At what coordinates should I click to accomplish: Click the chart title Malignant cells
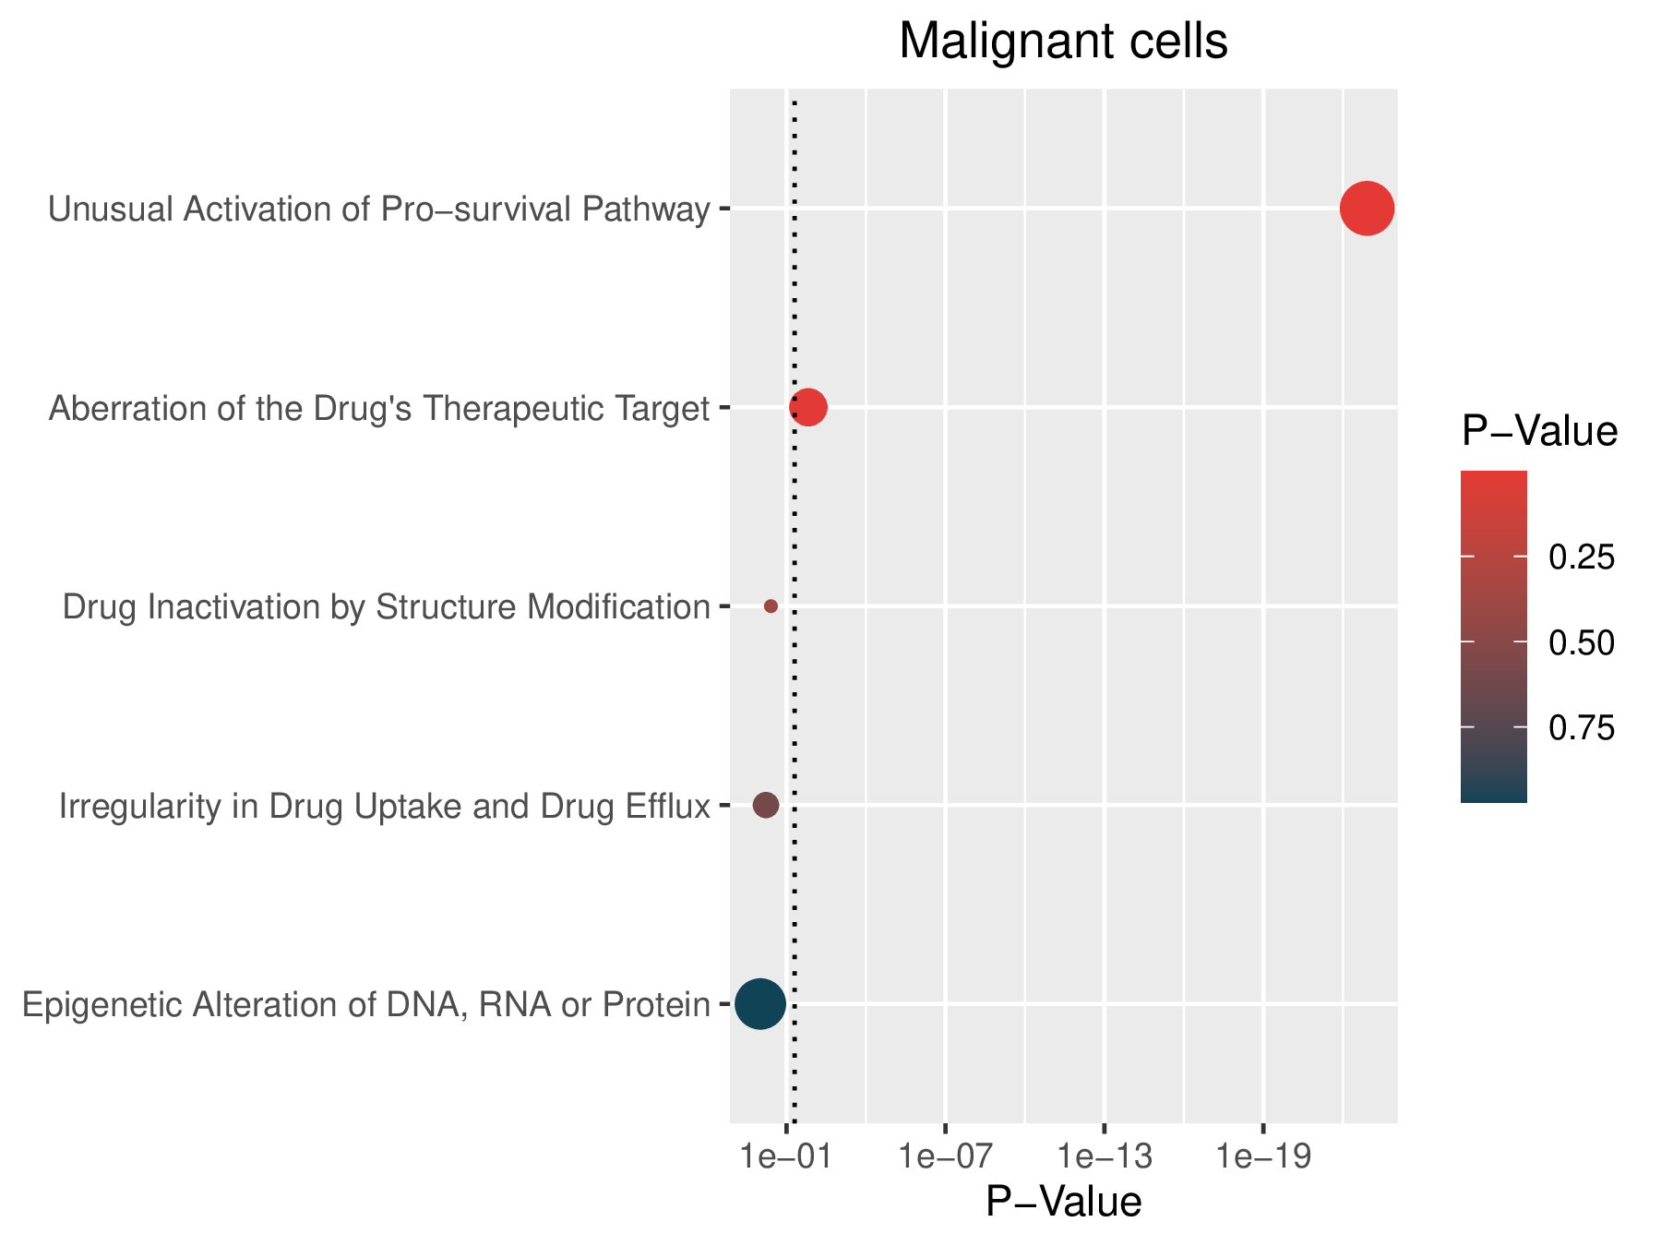[1063, 42]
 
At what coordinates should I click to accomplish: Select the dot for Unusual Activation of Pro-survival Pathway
[1367, 210]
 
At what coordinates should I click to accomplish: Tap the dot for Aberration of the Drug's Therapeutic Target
[808, 407]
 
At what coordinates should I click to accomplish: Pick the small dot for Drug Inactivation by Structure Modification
[771, 606]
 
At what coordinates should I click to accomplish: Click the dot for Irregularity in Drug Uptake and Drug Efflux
[766, 805]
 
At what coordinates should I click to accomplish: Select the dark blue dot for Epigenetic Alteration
[760, 1004]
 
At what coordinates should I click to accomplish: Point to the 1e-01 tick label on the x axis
[786, 1157]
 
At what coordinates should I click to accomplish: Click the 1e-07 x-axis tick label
[946, 1157]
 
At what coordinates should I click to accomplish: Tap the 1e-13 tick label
[1105, 1157]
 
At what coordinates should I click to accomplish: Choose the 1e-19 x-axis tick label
[1263, 1157]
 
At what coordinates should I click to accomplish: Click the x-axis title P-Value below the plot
[1063, 1203]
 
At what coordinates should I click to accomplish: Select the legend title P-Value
[1539, 432]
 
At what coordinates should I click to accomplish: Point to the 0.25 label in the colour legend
[1582, 557]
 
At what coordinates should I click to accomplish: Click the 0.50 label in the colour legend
[1582, 643]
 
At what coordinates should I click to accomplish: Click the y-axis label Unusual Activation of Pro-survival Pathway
[379, 210]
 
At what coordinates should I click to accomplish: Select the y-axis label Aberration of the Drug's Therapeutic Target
[379, 408]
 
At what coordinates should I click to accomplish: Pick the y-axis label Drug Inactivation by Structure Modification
[387, 607]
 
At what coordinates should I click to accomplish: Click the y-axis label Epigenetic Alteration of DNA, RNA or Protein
[366, 1004]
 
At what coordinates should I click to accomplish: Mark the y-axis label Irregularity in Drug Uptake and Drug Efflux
[385, 807]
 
